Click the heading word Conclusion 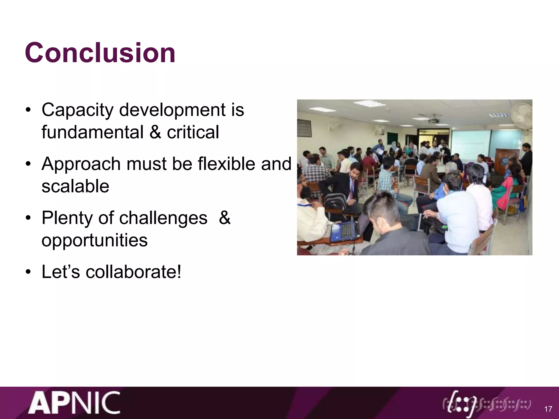pos(100,53)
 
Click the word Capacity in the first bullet pos(78,110)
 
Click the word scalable pos(75,187)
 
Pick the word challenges pos(163,218)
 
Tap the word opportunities pos(94,241)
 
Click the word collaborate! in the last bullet pos(133,272)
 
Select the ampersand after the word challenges pos(224,218)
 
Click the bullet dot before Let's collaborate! pos(28,273)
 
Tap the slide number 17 pos(548,409)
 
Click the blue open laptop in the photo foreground pos(342,232)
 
